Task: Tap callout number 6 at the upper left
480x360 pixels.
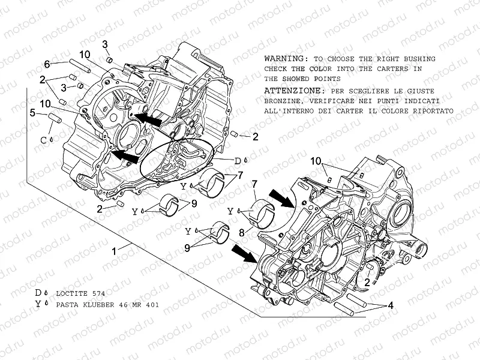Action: pyautogui.click(x=46, y=64)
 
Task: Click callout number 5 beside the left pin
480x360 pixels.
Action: pyautogui.click(x=34, y=112)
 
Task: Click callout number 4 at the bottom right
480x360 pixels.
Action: pyautogui.click(x=391, y=305)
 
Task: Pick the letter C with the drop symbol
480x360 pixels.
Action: pyautogui.click(x=43, y=140)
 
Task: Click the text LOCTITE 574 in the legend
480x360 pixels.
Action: pyautogui.click(x=80, y=294)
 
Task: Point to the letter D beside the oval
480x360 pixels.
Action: pyautogui.click(x=237, y=161)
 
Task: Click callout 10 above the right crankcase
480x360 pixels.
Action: pyautogui.click(x=316, y=161)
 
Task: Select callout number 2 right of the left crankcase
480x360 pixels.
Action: pyautogui.click(x=255, y=137)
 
